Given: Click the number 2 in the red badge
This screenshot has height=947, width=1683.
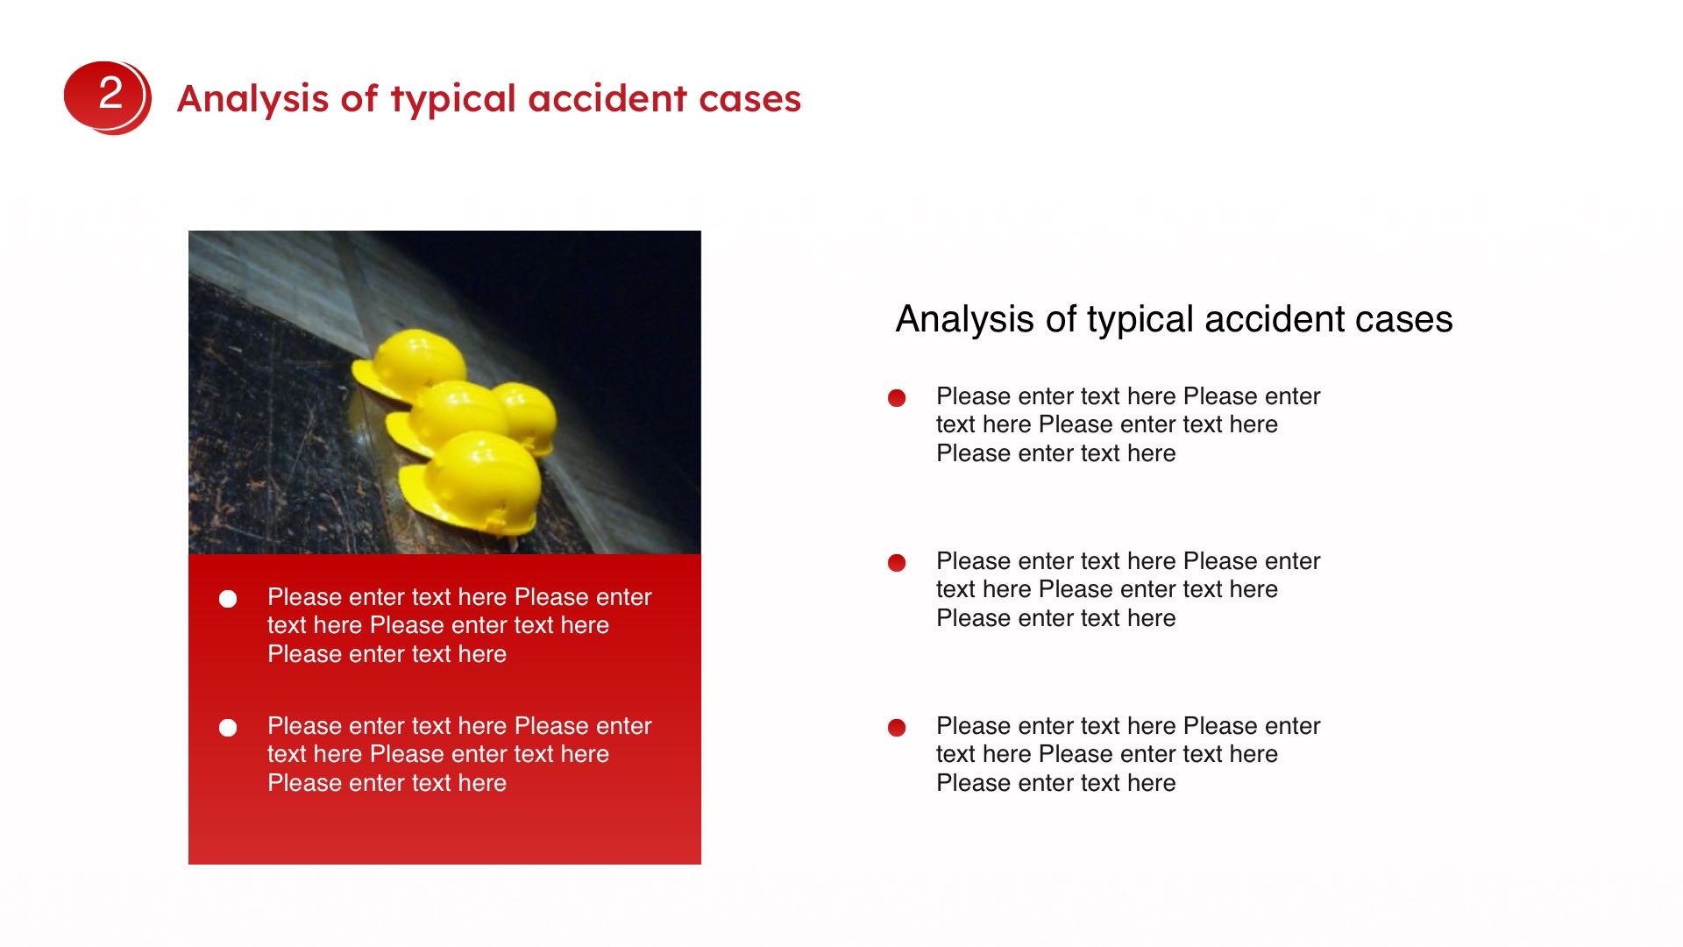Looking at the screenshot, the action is [x=110, y=92].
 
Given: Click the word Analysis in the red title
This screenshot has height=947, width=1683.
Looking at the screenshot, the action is [x=252, y=98].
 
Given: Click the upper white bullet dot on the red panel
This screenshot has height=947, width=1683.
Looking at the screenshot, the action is [x=228, y=599].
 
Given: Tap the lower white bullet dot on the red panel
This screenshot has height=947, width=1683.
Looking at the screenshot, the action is [x=228, y=728].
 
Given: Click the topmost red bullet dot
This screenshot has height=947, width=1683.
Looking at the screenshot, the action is [x=897, y=398].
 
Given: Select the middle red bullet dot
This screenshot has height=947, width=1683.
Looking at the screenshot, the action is [x=897, y=563].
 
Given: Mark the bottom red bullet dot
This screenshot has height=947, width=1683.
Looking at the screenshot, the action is [x=897, y=728].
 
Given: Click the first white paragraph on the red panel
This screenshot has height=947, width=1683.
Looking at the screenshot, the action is [x=459, y=625].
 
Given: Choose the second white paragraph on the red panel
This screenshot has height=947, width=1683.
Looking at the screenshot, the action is [x=459, y=754].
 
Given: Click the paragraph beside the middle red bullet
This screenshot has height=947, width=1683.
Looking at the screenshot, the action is [x=1128, y=589].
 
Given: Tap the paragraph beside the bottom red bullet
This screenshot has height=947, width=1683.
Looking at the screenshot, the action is [x=1128, y=754].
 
